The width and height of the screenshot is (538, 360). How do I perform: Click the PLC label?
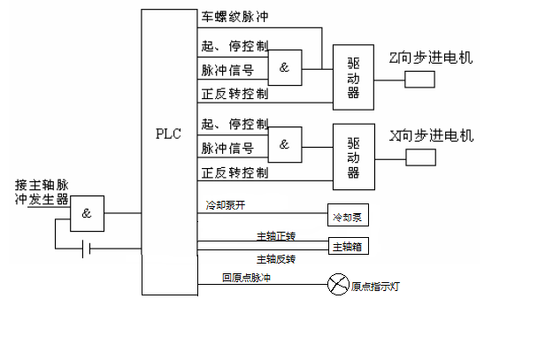168,134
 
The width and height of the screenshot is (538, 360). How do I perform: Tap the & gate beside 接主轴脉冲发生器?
87,213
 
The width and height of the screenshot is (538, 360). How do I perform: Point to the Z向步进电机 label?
431,57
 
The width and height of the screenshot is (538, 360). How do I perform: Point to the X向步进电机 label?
431,135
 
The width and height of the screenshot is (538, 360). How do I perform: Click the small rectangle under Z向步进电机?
420,80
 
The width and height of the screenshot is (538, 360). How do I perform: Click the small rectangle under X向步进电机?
420,158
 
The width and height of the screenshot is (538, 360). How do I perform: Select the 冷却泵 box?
347,217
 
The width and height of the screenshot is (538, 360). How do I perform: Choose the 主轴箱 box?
347,247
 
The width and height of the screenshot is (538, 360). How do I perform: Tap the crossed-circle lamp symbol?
338,284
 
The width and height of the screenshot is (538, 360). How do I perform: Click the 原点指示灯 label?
376,286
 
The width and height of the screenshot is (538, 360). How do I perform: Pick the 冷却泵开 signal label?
225,205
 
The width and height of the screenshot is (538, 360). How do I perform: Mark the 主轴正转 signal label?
275,236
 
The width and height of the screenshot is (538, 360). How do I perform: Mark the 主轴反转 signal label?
275,259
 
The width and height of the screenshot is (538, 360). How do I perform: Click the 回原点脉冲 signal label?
246,278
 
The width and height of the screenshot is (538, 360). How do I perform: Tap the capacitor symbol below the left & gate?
86,249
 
